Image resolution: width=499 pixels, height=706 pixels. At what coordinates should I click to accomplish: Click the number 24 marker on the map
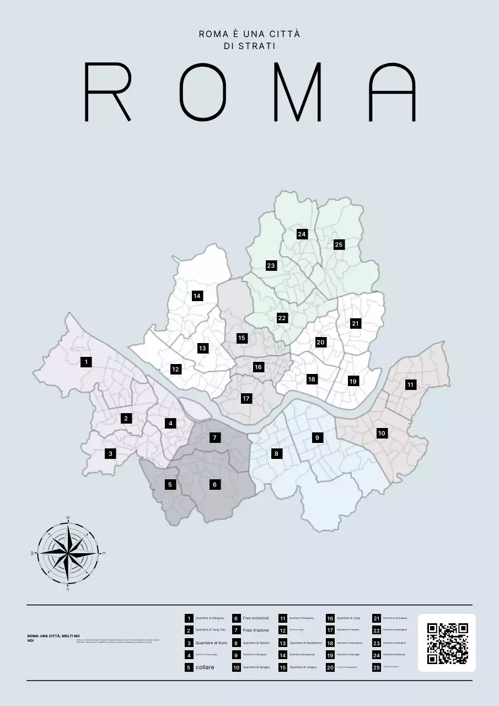[x=302, y=234]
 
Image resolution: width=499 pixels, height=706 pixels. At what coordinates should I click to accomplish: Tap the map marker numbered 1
[x=86, y=362]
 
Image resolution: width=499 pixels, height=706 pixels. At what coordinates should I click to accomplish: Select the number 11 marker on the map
[x=410, y=385]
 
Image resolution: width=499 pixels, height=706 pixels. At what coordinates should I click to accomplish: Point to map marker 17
[x=246, y=398]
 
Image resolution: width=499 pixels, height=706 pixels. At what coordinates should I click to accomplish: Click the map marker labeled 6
[x=214, y=485]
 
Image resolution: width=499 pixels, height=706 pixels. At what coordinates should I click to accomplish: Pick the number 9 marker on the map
[x=317, y=438]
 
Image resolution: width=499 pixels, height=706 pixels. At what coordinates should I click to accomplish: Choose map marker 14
[x=197, y=296]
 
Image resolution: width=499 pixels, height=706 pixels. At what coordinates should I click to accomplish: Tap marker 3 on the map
[x=110, y=454]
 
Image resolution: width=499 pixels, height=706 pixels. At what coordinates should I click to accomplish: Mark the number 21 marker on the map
[x=355, y=324]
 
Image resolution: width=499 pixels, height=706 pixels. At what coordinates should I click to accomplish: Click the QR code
[x=447, y=643]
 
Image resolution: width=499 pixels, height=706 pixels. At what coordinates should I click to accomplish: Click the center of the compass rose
[x=68, y=553]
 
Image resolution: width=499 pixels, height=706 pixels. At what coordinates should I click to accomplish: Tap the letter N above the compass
[x=68, y=517]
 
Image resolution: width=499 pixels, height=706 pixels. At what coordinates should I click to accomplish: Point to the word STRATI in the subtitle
[x=249, y=46]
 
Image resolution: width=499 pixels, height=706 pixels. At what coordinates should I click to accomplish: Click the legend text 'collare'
[x=205, y=667]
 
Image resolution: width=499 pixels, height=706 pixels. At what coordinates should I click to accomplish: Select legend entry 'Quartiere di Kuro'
[x=211, y=643]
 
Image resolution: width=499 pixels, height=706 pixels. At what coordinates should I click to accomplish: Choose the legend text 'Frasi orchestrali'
[x=256, y=618]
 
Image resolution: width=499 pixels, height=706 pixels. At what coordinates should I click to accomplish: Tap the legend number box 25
[x=377, y=667]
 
